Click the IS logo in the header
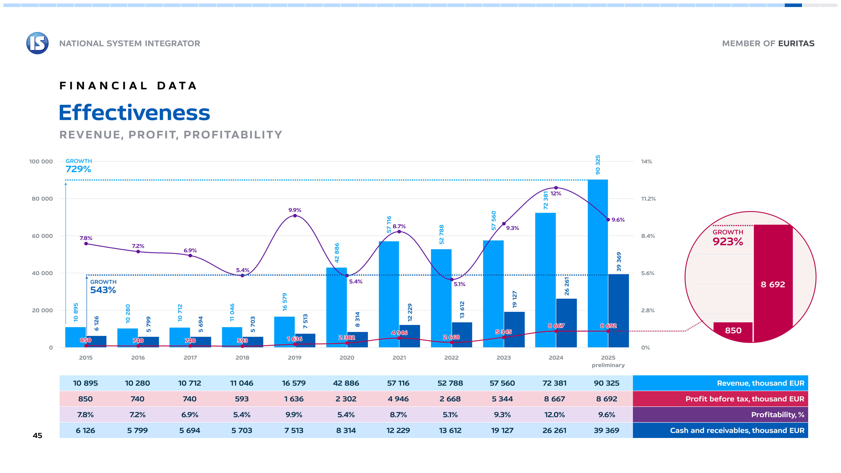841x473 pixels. tap(37, 43)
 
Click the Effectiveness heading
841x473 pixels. tap(134, 113)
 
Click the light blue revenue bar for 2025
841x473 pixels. tap(597, 263)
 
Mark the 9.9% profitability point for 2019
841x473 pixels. tap(295, 215)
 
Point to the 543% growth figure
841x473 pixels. tap(103, 290)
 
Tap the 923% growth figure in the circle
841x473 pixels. tap(728, 242)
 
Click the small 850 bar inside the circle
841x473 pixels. tap(733, 331)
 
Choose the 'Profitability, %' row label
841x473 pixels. tap(777, 415)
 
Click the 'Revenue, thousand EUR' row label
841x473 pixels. tap(760, 383)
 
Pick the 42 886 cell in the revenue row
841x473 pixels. tap(346, 383)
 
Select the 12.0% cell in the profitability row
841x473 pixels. tap(554, 415)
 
